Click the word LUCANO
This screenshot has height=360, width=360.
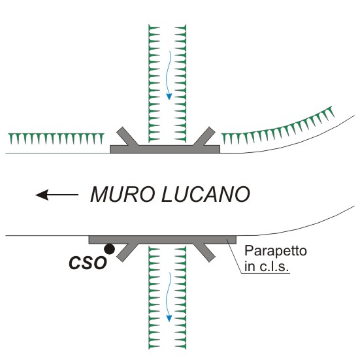click(x=206, y=194)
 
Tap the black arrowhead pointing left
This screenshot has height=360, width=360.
click(x=42, y=195)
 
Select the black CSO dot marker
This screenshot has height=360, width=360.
click(x=109, y=249)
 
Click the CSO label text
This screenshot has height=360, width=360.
click(x=88, y=263)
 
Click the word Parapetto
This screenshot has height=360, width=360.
click(x=276, y=251)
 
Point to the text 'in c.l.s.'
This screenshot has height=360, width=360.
click(x=267, y=267)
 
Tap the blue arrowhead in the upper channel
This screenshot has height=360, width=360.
click(x=169, y=97)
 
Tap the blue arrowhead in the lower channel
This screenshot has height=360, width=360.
click(x=169, y=318)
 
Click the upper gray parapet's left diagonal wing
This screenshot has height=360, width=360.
click(x=127, y=137)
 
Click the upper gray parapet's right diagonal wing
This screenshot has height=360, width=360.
click(x=205, y=137)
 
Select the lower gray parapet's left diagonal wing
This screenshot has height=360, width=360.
click(x=127, y=252)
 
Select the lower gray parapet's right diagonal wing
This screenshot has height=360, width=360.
click(x=205, y=252)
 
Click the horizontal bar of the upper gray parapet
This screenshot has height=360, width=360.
click(x=165, y=149)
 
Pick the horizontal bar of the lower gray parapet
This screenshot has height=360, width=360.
click(x=162, y=240)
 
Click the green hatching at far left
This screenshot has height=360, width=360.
click(x=56, y=139)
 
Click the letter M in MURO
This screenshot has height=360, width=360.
click(x=99, y=194)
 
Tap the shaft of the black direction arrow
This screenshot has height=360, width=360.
click(x=63, y=195)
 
